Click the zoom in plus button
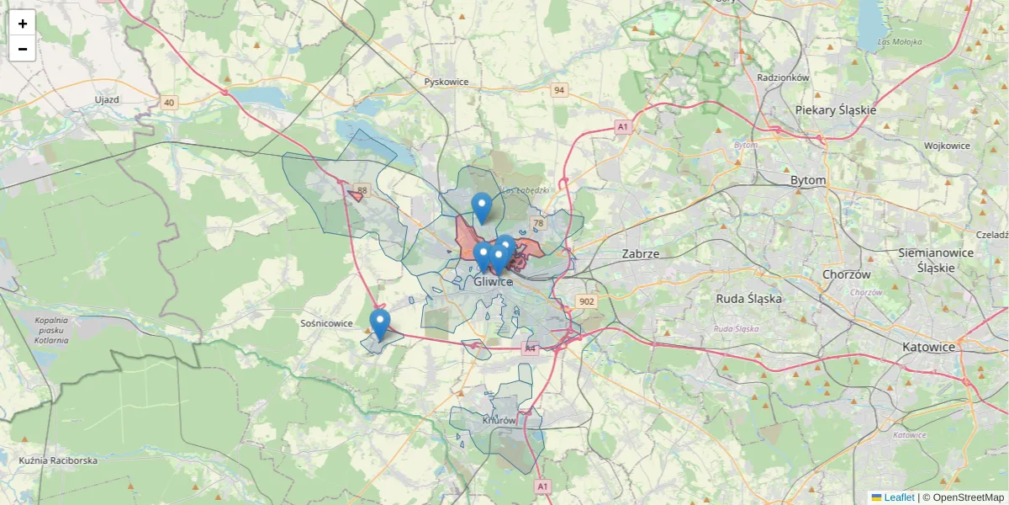23,24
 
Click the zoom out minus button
23,49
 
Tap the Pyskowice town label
446,82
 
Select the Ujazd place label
107,99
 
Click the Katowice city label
928,347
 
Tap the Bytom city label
808,180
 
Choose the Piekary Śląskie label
836,110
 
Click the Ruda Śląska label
749,298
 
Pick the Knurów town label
499,420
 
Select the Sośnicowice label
326,323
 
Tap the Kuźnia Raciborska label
58,460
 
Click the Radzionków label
783,77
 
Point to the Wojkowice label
947,146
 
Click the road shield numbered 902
586,301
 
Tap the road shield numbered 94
559,89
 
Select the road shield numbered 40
170,103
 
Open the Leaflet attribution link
899,497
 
